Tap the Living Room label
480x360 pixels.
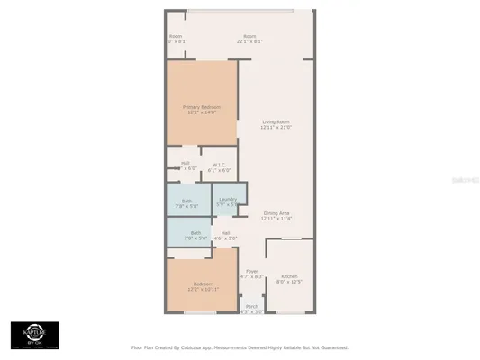(275, 121)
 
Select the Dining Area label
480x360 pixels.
(276, 212)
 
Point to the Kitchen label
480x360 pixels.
(289, 275)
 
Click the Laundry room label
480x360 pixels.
(227, 199)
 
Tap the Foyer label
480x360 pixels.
(252, 271)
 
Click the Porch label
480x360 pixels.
(251, 306)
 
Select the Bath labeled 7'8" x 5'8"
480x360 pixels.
(186, 201)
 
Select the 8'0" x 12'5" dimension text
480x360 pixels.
(289, 282)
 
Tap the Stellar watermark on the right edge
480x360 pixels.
(467, 180)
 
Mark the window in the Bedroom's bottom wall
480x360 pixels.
(199, 312)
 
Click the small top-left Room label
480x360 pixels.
(176, 36)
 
